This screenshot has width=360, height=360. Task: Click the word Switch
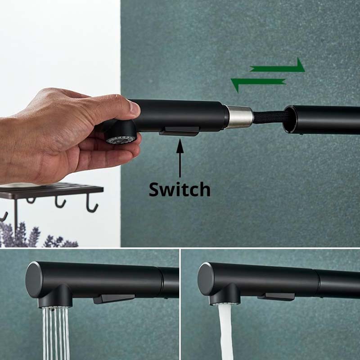point(180,189)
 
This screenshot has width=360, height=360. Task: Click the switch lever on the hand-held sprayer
point(180,131)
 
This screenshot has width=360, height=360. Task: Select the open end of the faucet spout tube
point(291,119)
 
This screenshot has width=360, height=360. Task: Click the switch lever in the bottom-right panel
point(276,297)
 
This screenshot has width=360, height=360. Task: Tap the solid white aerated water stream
point(225,333)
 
